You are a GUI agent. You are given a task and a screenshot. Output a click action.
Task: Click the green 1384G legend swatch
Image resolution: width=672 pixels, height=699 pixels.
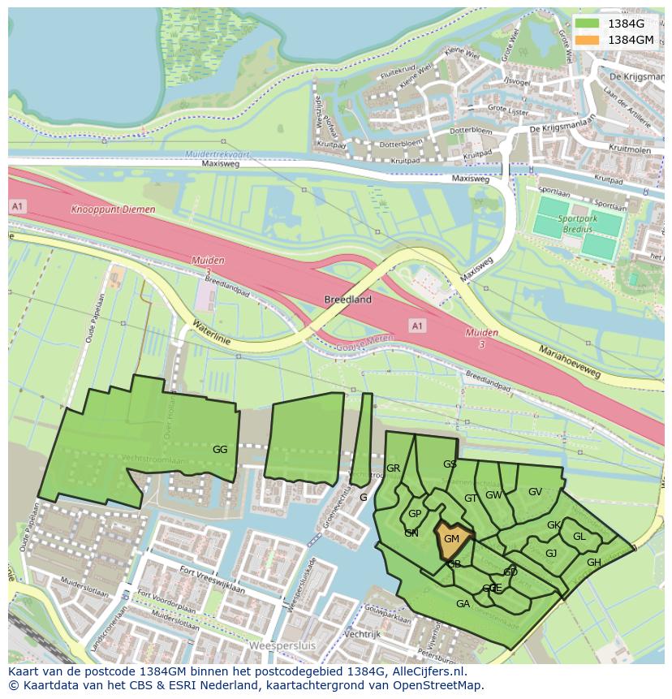click(588, 24)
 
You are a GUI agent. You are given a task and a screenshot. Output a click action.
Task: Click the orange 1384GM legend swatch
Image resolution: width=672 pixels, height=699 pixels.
click(588, 40)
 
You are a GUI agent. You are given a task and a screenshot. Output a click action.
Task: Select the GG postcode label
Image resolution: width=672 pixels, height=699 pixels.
click(220, 449)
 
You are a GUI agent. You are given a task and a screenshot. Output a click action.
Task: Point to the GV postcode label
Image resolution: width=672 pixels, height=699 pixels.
click(535, 492)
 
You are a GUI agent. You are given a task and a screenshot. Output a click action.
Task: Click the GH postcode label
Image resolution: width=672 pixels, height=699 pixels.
click(594, 563)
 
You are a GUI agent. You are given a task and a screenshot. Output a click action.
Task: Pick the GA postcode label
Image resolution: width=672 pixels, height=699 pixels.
click(463, 603)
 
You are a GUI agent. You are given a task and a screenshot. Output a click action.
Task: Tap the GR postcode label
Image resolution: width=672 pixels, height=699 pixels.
click(394, 468)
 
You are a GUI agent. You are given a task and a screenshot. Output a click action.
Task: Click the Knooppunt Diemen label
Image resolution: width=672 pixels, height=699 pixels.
click(113, 209)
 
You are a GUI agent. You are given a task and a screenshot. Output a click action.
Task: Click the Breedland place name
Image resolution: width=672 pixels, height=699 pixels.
click(348, 300)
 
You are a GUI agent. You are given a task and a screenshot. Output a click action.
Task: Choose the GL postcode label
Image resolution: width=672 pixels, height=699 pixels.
click(579, 536)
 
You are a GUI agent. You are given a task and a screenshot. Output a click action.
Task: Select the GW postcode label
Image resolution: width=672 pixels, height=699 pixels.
click(493, 495)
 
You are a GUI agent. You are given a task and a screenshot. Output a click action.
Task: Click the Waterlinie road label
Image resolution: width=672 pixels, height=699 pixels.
click(212, 334)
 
